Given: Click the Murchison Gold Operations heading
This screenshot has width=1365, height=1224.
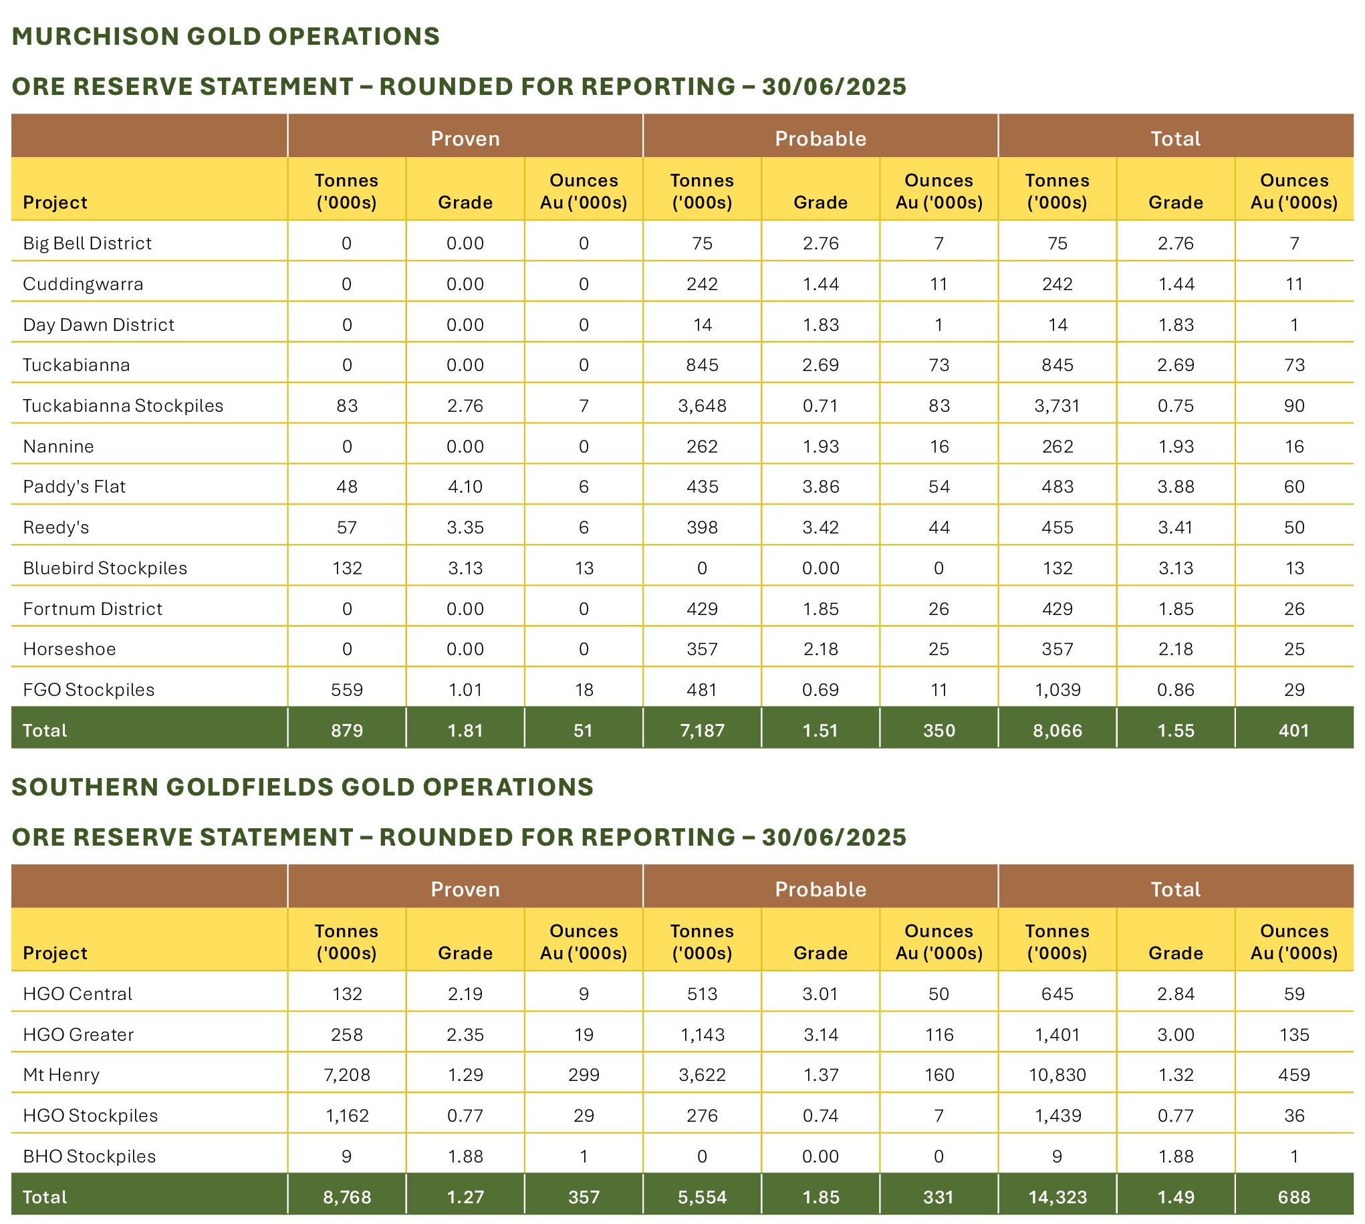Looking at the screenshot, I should [226, 36].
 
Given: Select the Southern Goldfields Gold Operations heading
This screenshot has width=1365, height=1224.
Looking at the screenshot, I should [303, 787].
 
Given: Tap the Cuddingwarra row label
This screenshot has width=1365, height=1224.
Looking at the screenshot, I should [83, 284].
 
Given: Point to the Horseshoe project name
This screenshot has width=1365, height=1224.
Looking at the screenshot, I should [70, 649].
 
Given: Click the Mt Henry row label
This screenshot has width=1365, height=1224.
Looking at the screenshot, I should [61, 1075].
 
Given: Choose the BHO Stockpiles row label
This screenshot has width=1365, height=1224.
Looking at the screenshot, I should [90, 1156].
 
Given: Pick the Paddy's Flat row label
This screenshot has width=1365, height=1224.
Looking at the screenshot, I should [74, 486].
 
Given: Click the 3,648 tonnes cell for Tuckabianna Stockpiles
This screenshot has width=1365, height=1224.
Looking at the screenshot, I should [702, 406].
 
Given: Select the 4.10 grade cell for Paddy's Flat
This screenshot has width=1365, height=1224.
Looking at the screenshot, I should [465, 486].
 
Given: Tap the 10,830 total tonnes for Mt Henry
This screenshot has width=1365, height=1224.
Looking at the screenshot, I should [1057, 1075].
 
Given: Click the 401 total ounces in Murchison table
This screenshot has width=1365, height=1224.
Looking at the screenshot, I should [1293, 731].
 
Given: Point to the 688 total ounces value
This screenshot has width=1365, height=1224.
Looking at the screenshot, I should [1293, 1197].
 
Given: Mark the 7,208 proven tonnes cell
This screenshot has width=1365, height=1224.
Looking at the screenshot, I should [347, 1075].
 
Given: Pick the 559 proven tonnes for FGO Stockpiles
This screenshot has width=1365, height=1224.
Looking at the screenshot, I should [347, 689].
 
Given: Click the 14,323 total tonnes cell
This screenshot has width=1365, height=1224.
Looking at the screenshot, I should [1057, 1197].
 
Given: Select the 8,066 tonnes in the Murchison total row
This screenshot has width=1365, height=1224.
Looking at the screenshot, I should [1057, 731].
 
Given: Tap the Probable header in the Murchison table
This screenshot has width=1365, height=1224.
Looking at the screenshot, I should [820, 138].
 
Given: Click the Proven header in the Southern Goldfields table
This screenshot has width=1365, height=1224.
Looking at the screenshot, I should [465, 889].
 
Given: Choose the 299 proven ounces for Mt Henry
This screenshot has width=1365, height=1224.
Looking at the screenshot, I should [584, 1075].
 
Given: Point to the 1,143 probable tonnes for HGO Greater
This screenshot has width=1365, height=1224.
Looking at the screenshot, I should [702, 1034].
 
